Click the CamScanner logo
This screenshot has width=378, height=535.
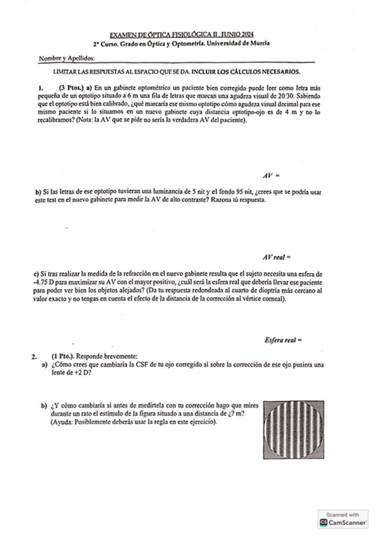343,523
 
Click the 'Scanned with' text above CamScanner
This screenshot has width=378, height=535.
342,515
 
